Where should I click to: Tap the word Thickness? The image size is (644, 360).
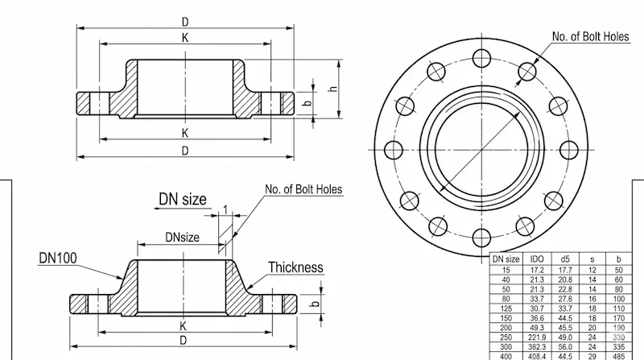(x=295, y=267)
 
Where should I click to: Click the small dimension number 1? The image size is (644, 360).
(x=225, y=210)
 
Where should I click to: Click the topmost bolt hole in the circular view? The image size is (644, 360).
(x=481, y=57)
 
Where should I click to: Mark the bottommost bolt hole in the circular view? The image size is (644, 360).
(x=481, y=237)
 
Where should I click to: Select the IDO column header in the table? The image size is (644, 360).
(x=538, y=259)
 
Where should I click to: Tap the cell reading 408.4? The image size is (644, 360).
(x=538, y=355)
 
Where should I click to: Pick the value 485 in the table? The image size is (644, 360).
(x=619, y=355)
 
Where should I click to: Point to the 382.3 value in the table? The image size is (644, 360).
(x=538, y=346)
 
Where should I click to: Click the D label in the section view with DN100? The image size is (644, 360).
(x=184, y=340)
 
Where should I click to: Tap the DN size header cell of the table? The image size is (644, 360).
(x=506, y=259)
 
